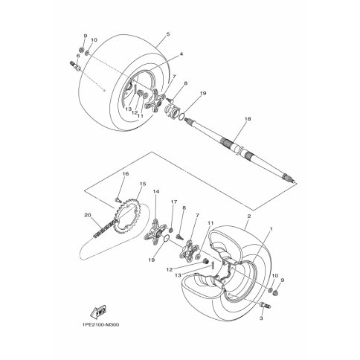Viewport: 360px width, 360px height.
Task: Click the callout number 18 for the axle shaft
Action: pyautogui.click(x=248, y=119)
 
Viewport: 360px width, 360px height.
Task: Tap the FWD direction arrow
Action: pyautogui.click(x=98, y=312)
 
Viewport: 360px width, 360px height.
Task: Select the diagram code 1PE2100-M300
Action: pyautogui.click(x=100, y=325)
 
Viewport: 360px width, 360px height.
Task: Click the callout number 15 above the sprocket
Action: pyautogui.click(x=143, y=184)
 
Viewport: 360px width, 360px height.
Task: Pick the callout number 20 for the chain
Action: pyautogui.click(x=88, y=215)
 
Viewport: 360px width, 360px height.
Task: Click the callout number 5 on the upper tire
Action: pyautogui.click(x=168, y=34)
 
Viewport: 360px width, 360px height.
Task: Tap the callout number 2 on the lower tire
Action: pyautogui.click(x=249, y=216)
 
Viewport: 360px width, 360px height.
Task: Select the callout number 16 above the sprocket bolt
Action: pyautogui.click(x=126, y=174)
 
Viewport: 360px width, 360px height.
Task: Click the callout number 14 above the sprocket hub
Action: pyautogui.click(x=156, y=191)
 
